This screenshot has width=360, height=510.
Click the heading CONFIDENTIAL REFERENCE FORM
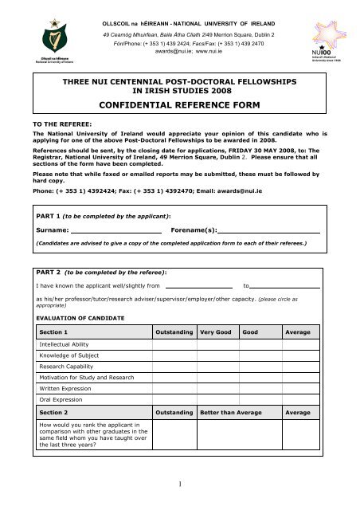click(179, 104)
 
